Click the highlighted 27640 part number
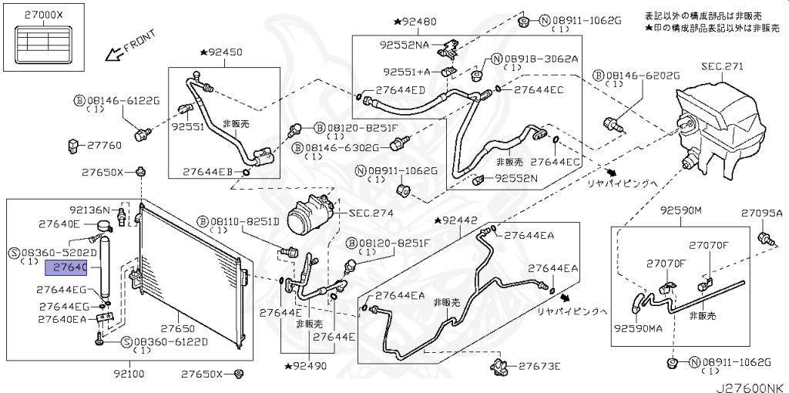point(69,269)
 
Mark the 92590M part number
point(680,210)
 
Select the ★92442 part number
point(460,220)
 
